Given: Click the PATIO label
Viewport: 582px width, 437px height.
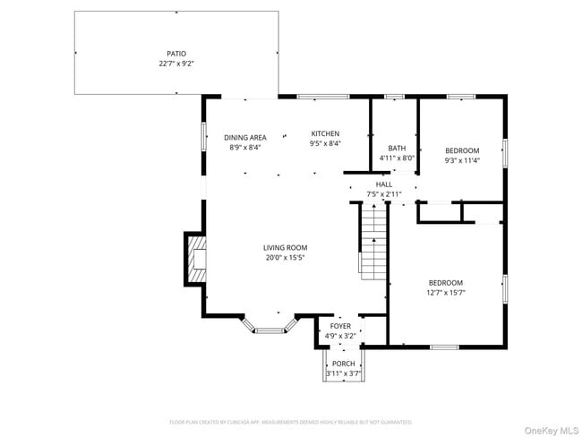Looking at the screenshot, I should pos(176,54).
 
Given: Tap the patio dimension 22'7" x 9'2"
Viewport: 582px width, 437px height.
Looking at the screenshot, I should pos(176,64).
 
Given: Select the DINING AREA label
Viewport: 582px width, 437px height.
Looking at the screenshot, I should pos(245,137).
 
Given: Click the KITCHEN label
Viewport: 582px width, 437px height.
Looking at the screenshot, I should pos(325,133).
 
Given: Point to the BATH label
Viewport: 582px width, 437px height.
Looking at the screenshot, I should pos(397,148).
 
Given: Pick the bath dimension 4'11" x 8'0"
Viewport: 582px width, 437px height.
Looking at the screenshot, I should pos(397,159).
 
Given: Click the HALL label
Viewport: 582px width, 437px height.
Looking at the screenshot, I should pos(383,184).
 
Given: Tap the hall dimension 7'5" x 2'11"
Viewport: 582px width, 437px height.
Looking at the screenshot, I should pos(383,193).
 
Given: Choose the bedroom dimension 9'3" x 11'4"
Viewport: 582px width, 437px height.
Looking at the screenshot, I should pos(462,161).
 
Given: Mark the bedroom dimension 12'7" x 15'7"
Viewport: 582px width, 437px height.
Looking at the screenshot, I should pos(445,292).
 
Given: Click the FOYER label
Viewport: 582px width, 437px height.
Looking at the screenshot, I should pos(340,326).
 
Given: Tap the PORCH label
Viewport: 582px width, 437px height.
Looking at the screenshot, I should pos(344,363).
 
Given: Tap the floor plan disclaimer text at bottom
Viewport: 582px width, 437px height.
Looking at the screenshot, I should pos(290,422).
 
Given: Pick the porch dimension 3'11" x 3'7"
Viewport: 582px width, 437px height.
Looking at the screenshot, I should pos(344,373).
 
